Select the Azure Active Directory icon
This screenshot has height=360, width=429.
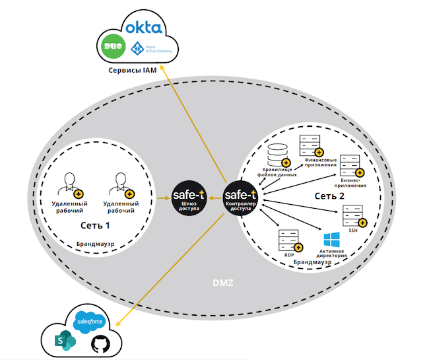pos(137,48)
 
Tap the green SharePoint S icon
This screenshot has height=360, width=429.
pos(67,341)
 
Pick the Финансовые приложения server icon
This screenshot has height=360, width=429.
pos(308,145)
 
